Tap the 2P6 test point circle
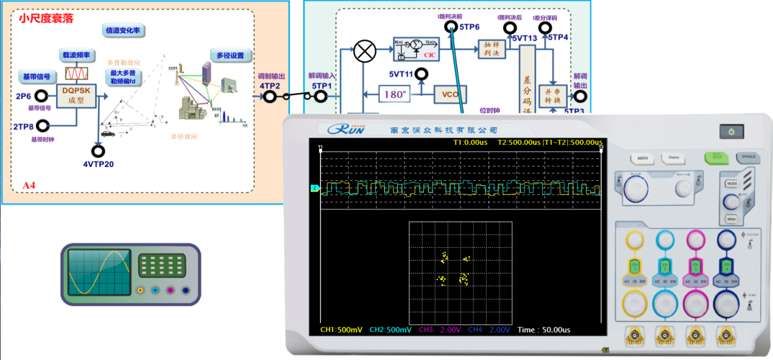click(x=41, y=96)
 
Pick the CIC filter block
click(x=415, y=49)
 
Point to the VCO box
click(x=450, y=94)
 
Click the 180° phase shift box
click(x=395, y=94)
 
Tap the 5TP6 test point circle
click(x=451, y=27)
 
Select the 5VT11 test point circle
click(x=422, y=74)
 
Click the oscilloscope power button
click(x=731, y=132)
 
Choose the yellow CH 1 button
click(x=634, y=266)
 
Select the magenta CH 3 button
click(x=695, y=266)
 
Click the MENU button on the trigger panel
click(x=732, y=219)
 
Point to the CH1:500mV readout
click(x=341, y=330)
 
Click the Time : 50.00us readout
click(x=544, y=330)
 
